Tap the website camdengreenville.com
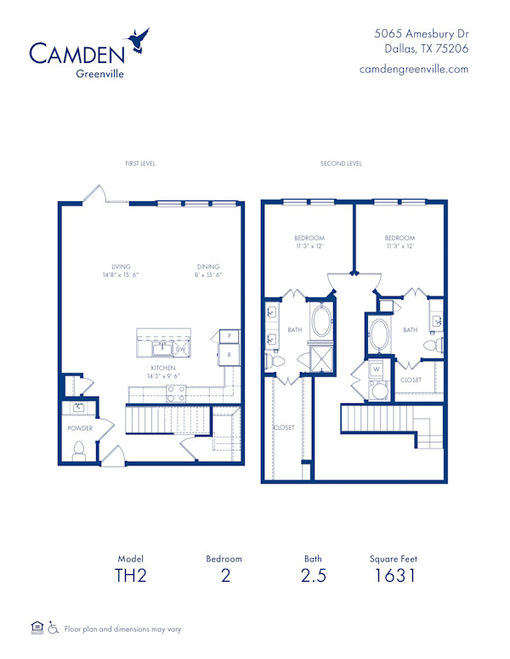414,69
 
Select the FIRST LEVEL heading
140,163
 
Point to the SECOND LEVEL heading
341,163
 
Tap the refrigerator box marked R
229,354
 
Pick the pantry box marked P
229,336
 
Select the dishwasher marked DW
180,348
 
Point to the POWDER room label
80,428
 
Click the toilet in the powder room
79,450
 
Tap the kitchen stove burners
176,393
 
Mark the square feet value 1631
394,577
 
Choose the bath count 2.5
313,577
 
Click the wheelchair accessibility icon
53,628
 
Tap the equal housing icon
36,628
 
